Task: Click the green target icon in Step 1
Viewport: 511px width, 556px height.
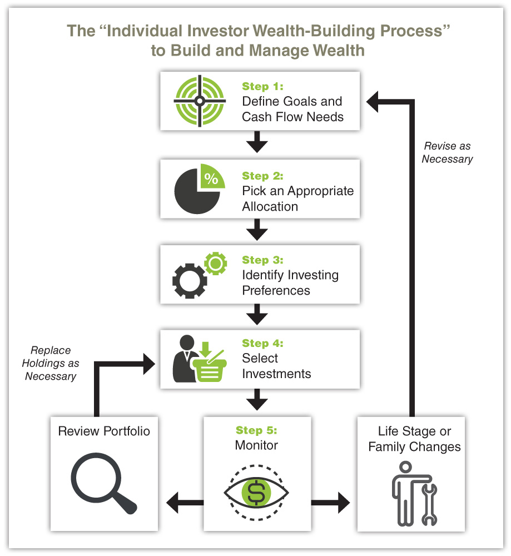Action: pyautogui.click(x=200, y=101)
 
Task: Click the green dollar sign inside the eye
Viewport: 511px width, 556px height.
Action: pyautogui.click(x=256, y=492)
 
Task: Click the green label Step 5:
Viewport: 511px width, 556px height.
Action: pyautogui.click(x=256, y=430)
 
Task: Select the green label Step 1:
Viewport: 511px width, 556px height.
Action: pyautogui.click(x=262, y=87)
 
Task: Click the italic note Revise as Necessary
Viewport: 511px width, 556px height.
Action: pyautogui.click(x=447, y=152)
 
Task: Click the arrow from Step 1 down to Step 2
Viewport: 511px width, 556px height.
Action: pyautogui.click(x=256, y=142)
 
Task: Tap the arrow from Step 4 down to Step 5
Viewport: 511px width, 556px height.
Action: pyautogui.click(x=256, y=399)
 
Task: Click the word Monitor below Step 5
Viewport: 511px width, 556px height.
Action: pyautogui.click(x=256, y=445)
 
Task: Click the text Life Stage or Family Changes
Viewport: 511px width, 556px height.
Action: pyautogui.click(x=414, y=439)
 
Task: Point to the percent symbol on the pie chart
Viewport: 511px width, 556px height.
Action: pyautogui.click(x=211, y=178)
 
